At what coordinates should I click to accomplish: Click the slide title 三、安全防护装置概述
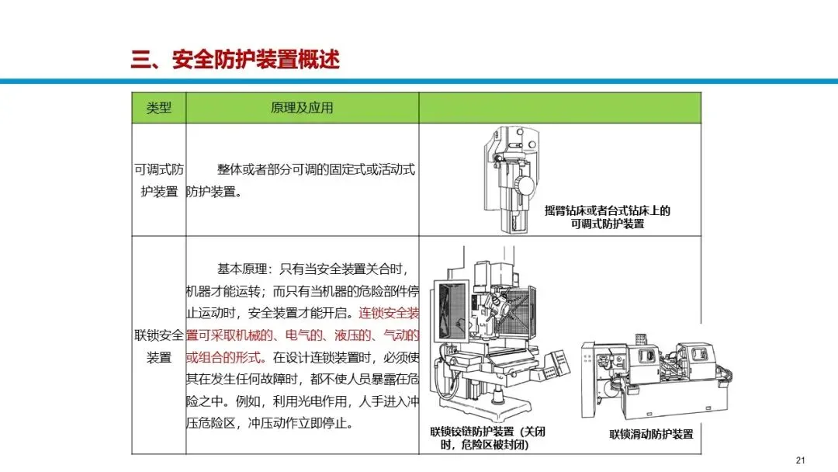coord(235,59)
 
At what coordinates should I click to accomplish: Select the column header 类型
coord(159,108)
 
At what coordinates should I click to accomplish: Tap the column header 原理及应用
coord(302,108)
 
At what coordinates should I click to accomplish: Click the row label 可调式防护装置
coord(159,181)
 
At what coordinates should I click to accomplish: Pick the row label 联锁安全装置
coord(159,346)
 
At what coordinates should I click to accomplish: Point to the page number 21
coord(800,460)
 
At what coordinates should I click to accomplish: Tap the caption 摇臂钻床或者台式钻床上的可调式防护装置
coord(607,217)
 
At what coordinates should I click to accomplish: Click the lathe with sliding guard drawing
coord(656,376)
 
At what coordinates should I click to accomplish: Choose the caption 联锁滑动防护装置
coord(651,434)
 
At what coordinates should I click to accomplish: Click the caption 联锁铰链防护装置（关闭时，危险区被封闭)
coord(487,439)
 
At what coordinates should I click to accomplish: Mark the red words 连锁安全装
coord(389,313)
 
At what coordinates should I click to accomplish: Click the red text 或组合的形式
coord(223,357)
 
